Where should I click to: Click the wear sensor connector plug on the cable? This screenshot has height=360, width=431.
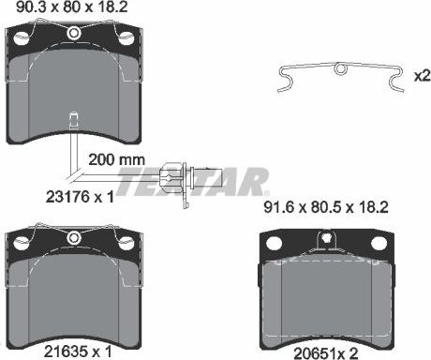point(171,173)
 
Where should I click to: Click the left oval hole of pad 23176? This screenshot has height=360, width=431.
point(20,38)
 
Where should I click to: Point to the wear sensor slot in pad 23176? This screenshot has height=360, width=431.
point(74,118)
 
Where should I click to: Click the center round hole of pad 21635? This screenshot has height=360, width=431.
point(75,235)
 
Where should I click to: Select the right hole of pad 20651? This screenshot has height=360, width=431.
point(377,244)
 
